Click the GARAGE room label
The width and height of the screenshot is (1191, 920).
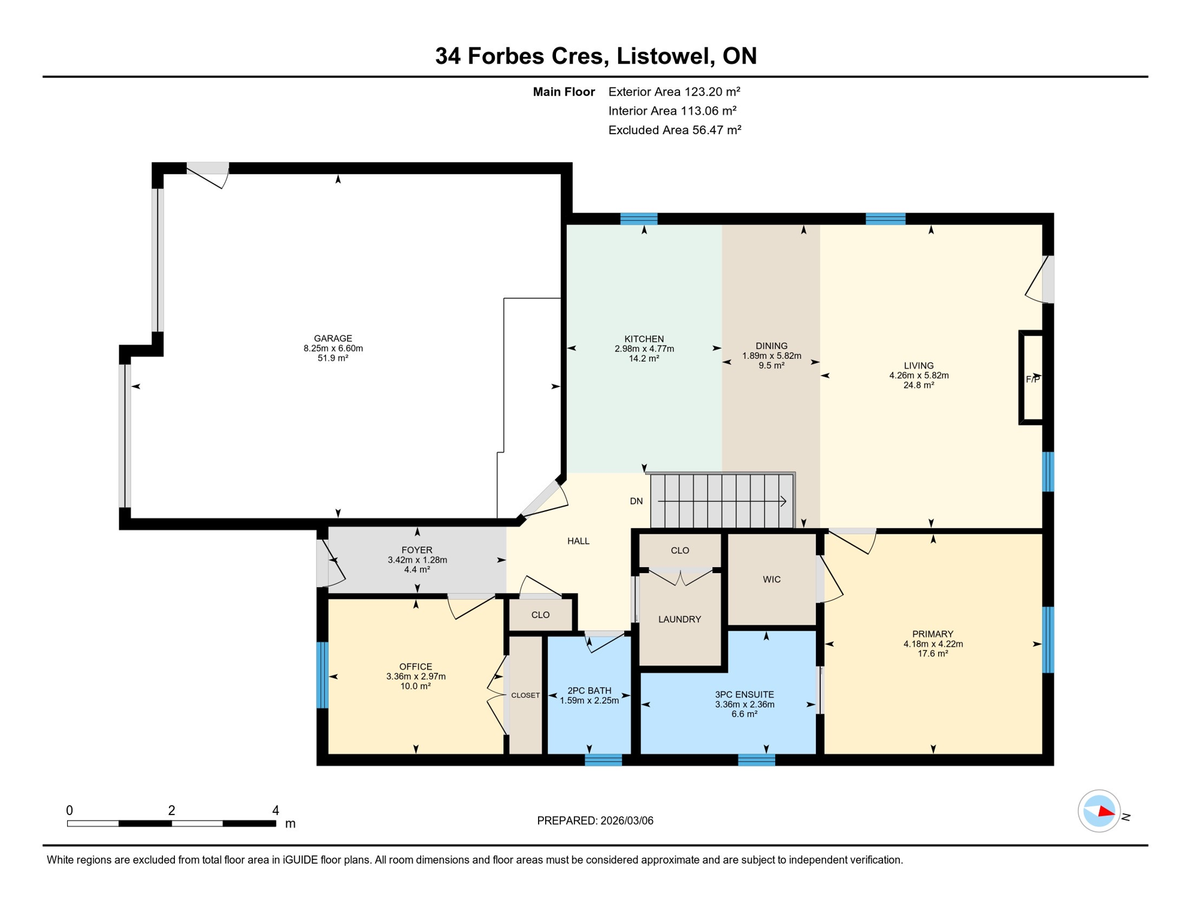pyautogui.click(x=332, y=338)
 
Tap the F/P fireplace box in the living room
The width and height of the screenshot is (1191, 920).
pyautogui.click(x=1032, y=378)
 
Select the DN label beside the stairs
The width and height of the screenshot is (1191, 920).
pyautogui.click(x=636, y=501)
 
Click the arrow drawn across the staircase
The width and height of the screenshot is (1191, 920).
pyautogui.click(x=722, y=501)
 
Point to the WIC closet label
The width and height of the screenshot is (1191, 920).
pyautogui.click(x=772, y=579)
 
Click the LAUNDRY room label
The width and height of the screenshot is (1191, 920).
pyautogui.click(x=679, y=619)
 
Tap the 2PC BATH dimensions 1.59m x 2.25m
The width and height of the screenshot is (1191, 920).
pyautogui.click(x=589, y=700)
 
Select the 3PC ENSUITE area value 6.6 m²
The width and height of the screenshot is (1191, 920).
pyautogui.click(x=744, y=714)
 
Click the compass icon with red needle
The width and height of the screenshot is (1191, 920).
pyautogui.click(x=1099, y=811)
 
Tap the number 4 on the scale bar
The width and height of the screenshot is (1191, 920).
pyautogui.click(x=276, y=810)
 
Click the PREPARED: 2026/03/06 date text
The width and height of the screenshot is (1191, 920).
pyautogui.click(x=595, y=821)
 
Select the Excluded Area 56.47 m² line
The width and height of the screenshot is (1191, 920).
pyautogui.click(x=675, y=130)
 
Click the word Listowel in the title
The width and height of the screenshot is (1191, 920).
pyautogui.click(x=664, y=56)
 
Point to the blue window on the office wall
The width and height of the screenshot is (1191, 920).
pyautogui.click(x=322, y=675)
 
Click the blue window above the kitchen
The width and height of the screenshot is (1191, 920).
pyautogui.click(x=639, y=219)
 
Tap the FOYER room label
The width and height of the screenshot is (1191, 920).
pyautogui.click(x=417, y=550)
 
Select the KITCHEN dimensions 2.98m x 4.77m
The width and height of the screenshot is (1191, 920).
pyautogui.click(x=644, y=349)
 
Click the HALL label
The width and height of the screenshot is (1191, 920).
pyautogui.click(x=578, y=541)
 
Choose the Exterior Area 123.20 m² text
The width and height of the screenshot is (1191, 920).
pyautogui.click(x=674, y=92)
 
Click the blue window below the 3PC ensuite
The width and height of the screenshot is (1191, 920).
pyautogui.click(x=756, y=760)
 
